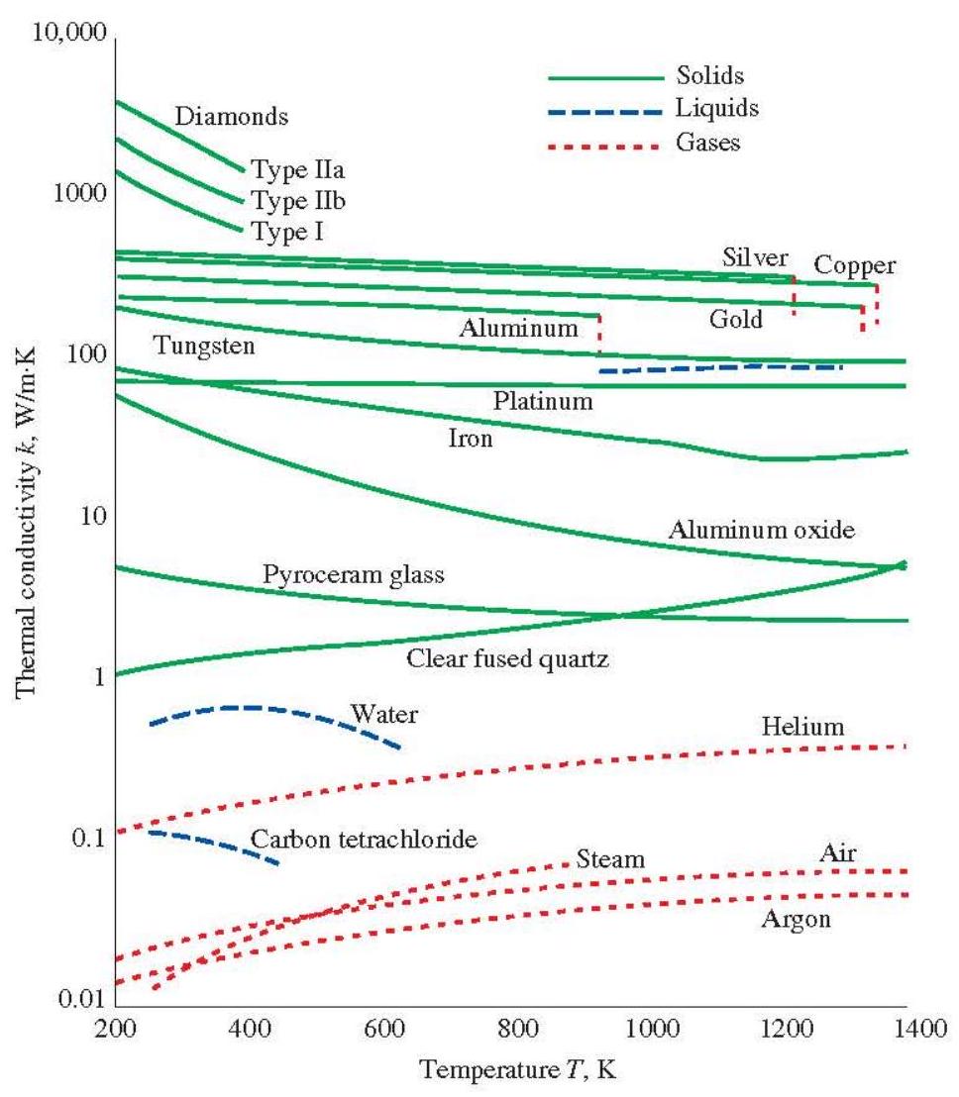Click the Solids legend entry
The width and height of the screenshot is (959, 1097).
[709, 75]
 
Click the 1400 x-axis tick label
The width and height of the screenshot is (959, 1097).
[907, 1033]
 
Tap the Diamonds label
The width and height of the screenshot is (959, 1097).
[231, 117]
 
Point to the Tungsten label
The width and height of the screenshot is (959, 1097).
[204, 347]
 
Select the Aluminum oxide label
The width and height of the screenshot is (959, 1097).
[760, 530]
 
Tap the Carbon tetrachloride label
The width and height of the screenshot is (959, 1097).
[365, 840]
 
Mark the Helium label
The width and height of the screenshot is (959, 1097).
[802, 728]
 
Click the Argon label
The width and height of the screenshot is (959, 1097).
[795, 919]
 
